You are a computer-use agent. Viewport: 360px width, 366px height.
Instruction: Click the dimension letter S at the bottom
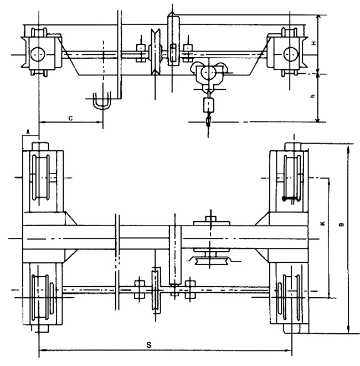click(148, 344)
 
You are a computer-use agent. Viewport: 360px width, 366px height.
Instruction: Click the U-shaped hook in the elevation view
click(101, 103)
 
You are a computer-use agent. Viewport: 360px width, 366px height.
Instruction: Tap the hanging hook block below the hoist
click(209, 105)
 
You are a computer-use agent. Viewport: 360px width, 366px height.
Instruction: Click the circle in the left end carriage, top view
click(39, 54)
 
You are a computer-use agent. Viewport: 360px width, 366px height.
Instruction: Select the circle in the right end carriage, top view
click(290, 54)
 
